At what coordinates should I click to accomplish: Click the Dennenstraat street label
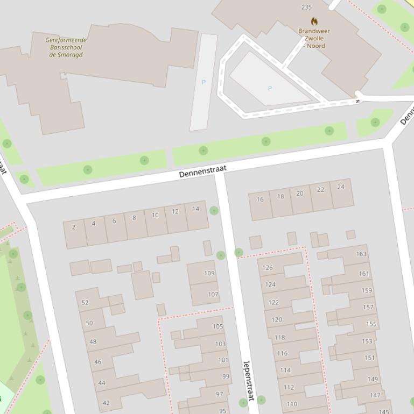pyautogui.click(x=202, y=172)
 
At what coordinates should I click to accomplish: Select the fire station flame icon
pyautogui.click(x=314, y=21)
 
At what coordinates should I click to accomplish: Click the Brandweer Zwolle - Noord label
pyautogui.click(x=314, y=38)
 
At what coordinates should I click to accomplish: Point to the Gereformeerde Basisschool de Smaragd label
pyautogui.click(x=66, y=47)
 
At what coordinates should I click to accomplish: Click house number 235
pyautogui.click(x=306, y=7)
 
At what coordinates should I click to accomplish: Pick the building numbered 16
pyautogui.click(x=260, y=199)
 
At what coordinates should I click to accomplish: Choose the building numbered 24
pyautogui.click(x=340, y=187)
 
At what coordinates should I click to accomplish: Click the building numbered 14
pyautogui.click(x=195, y=209)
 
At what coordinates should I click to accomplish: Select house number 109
pyautogui.click(x=209, y=273)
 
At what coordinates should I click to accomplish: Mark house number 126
pyautogui.click(x=268, y=268)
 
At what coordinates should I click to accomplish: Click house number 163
pyautogui.click(x=361, y=254)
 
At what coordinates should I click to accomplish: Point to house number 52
pyautogui.click(x=85, y=303)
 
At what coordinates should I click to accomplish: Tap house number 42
pyautogui.click(x=106, y=403)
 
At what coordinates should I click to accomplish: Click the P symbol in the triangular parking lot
pyautogui.click(x=270, y=88)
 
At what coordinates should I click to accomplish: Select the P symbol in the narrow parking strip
pyautogui.click(x=204, y=82)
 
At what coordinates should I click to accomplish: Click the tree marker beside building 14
pyautogui.click(x=214, y=210)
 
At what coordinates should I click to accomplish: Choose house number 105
pyautogui.click(x=217, y=326)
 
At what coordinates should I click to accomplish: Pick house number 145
pyautogui.click(x=383, y=412)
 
